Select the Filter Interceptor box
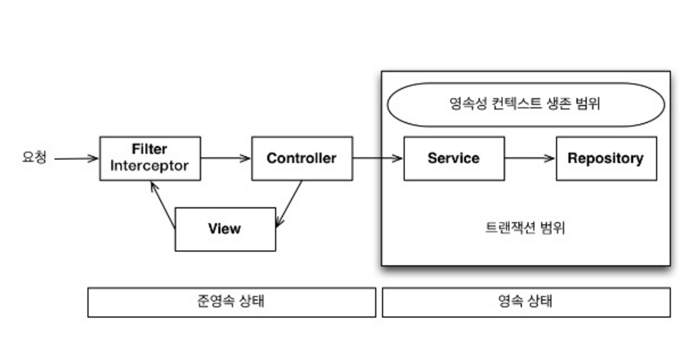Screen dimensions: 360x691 150,158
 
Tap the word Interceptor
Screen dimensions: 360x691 149,166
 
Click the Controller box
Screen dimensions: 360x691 302,158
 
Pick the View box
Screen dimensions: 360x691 225,229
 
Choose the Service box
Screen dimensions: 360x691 453,158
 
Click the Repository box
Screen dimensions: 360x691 606,158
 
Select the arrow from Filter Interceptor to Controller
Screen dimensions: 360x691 226,158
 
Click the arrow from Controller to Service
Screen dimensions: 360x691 377,158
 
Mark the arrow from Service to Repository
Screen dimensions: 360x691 529,158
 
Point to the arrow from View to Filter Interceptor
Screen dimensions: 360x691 163,205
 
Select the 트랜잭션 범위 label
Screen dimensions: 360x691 525,228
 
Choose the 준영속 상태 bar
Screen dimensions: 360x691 231,302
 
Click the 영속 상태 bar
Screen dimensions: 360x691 525,302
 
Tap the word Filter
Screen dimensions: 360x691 149,149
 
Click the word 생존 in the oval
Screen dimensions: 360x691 559,104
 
